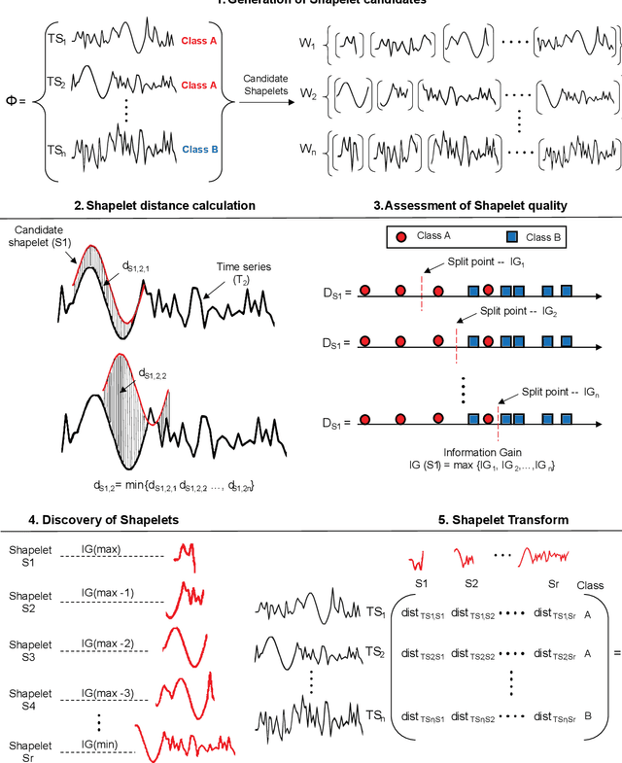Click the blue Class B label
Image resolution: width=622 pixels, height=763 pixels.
click(x=203, y=151)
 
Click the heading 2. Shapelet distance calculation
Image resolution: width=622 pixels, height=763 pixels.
click(x=170, y=205)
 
